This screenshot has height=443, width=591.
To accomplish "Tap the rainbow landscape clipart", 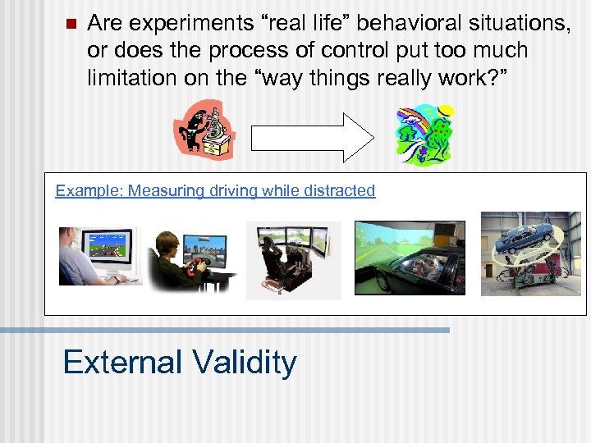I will coord(424,135).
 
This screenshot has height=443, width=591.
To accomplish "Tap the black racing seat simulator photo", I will coord(293,260).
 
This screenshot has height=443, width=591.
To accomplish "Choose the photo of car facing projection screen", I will coord(409,258).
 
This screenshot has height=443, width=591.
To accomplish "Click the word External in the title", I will coord(122,362).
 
